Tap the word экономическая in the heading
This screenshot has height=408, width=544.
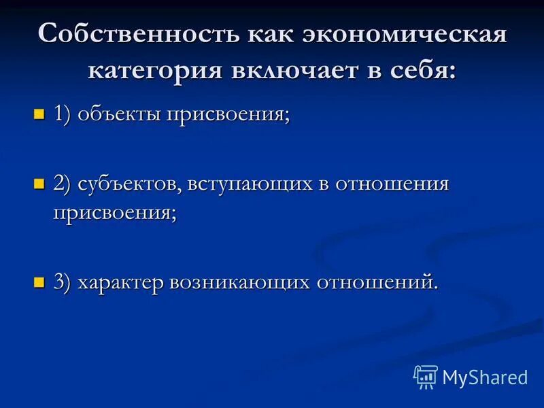pos(403,34)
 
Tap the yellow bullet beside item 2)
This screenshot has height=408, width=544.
pos(39,184)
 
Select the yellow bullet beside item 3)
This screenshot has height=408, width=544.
pos(39,281)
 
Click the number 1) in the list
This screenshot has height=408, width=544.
pos(63,114)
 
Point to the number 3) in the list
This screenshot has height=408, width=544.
pos(63,282)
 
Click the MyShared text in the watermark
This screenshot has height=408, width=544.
pos(485,377)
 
